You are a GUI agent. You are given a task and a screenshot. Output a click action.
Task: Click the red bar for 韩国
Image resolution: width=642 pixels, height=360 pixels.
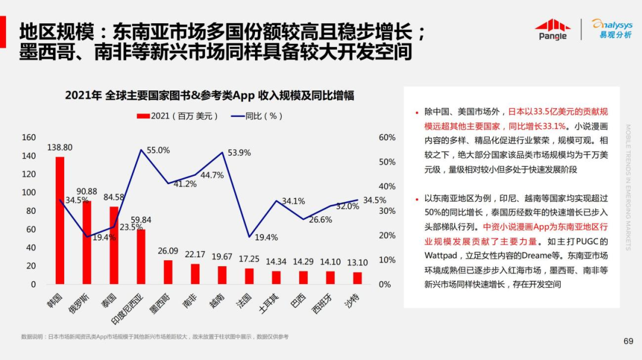point(59,220)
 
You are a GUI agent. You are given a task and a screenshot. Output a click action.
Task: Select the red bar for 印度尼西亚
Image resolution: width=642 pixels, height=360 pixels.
point(141,257)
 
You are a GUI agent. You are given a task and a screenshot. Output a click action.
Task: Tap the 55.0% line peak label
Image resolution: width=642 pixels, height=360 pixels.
point(158,150)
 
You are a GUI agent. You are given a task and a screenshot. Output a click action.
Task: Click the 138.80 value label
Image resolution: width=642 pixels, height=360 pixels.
point(60,147)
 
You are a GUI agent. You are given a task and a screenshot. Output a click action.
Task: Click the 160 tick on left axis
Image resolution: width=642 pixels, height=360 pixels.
point(29,137)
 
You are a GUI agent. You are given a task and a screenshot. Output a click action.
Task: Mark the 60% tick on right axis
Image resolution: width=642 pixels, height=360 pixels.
point(387,137)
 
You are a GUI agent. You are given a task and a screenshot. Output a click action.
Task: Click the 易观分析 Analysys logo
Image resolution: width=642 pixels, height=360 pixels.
point(612,29)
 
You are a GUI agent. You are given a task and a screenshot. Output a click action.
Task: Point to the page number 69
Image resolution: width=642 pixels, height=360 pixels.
point(628,341)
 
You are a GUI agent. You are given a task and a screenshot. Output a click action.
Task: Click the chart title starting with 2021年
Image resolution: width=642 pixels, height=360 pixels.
point(209,96)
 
